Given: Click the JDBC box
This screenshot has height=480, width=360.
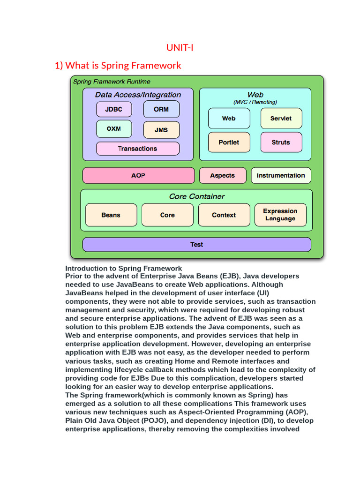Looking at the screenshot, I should coord(114,109).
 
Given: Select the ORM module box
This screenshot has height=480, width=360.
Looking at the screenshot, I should coord(161,109).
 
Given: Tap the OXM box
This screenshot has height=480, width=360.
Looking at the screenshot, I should coord(114,128).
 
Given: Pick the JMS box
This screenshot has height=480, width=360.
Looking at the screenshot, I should coord(161,130).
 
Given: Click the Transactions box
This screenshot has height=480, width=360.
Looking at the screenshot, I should coord(138,149).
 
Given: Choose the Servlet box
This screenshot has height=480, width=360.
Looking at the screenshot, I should coord(281,119).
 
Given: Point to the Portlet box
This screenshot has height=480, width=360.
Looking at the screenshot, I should coord(229,142).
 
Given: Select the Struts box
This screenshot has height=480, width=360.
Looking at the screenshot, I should coord(281,142).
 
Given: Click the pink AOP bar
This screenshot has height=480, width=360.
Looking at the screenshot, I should coord(138,175).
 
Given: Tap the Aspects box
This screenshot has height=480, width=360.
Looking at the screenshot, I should coord(222,175).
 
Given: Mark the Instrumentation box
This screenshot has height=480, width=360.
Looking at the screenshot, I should coord(281,175).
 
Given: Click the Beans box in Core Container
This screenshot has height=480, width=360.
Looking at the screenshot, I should coord(111,215).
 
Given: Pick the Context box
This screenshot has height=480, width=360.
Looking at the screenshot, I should coord(224,215).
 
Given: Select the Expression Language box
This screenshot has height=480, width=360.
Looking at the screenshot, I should coord(280,215).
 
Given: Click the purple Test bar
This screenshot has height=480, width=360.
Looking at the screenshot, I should coord(196,244).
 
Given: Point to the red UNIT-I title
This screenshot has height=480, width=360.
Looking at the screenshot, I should coord(180,47).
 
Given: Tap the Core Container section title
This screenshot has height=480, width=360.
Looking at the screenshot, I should coord(196,196).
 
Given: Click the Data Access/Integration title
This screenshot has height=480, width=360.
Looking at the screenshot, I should coord(138,95).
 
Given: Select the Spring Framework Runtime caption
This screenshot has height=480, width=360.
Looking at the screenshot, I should coord(112,82).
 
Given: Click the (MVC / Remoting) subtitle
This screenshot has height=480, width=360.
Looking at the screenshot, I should coord(255,102).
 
